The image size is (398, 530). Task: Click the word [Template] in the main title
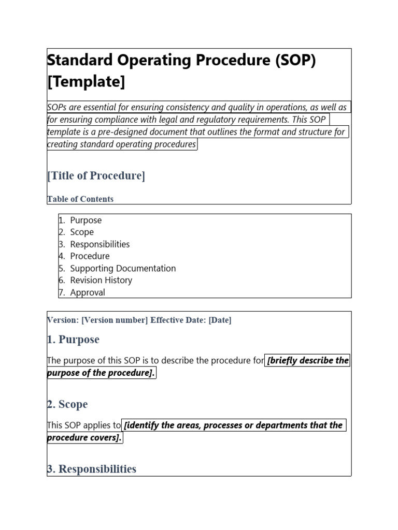pyautogui.click(x=86, y=81)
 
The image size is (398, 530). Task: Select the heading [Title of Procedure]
pyautogui.click(x=96, y=175)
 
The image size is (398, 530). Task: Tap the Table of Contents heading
pyautogui.click(x=80, y=199)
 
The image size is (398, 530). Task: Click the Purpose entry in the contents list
pyautogui.click(x=86, y=220)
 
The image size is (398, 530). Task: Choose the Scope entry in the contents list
pyautogui.click(x=82, y=232)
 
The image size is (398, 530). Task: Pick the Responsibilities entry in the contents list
pyautogui.click(x=99, y=244)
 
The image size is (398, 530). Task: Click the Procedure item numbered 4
pyautogui.click(x=90, y=256)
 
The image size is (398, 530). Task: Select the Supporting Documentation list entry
pyautogui.click(x=123, y=268)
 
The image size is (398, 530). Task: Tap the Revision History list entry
pyautogui.click(x=101, y=280)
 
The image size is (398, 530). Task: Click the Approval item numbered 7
pyautogui.click(x=87, y=292)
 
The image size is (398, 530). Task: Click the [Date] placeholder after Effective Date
pyautogui.click(x=220, y=320)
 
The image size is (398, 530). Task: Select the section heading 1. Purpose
pyautogui.click(x=73, y=340)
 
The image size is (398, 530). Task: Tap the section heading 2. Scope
pyautogui.click(x=67, y=404)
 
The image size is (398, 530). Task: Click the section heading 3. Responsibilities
pyautogui.click(x=92, y=469)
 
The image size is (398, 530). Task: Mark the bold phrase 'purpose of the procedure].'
pyautogui.click(x=102, y=373)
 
